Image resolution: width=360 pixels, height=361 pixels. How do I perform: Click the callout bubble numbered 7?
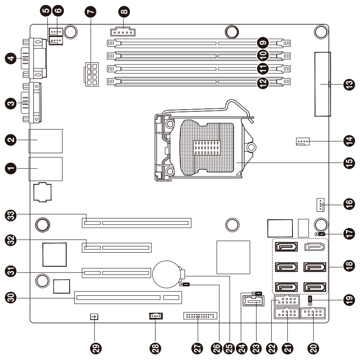point(91,12)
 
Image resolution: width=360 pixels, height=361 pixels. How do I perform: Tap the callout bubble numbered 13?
point(349,84)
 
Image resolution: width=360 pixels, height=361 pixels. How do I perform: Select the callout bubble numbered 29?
point(96,348)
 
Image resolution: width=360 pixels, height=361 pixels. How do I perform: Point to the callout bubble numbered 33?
point(11,215)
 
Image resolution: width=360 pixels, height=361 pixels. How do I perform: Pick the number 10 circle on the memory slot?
point(263,55)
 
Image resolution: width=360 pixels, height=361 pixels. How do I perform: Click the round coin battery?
point(167,274)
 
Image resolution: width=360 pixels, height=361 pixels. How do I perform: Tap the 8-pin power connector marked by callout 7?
point(91,74)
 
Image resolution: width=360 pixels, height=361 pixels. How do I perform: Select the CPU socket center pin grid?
point(207,148)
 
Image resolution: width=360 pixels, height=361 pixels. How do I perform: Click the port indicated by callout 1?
point(46,169)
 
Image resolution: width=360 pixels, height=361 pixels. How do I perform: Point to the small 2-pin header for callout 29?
point(94,317)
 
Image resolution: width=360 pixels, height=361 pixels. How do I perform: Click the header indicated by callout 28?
point(156,316)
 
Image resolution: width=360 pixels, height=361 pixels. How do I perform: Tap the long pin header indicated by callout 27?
point(200,316)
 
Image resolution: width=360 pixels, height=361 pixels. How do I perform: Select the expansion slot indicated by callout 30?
point(128,297)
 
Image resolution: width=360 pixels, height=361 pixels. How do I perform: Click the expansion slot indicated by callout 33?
point(137,223)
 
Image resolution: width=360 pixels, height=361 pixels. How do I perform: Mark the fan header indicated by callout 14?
point(303,141)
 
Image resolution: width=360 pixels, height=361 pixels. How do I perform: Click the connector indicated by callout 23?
point(254,301)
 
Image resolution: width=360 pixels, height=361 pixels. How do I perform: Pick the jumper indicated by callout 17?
point(320,234)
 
